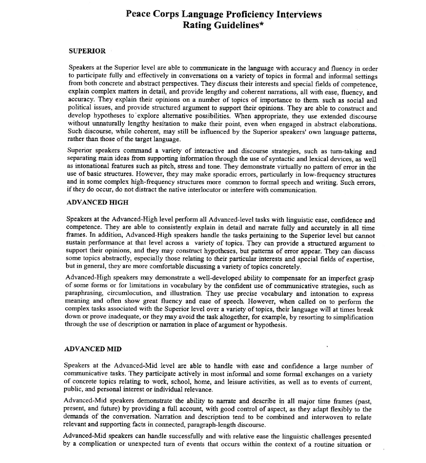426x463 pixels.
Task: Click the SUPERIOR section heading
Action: pos(87,51)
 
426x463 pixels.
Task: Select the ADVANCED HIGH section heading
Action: pos(97,202)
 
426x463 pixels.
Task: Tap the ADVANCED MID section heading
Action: pos(92,349)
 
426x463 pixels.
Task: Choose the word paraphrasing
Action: pos(84,293)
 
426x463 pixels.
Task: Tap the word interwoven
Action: pos(327,417)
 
